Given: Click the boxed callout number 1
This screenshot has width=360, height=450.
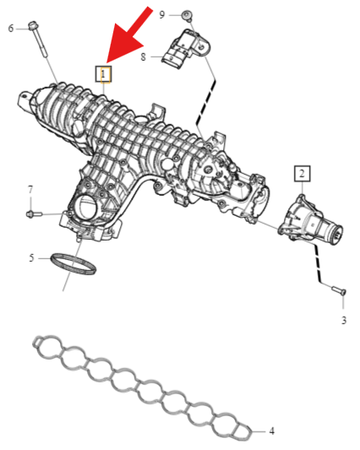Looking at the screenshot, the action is [x=103, y=74].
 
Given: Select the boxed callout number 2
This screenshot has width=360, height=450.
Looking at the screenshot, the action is [x=302, y=173].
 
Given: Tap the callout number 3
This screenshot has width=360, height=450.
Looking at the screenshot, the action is [x=344, y=320].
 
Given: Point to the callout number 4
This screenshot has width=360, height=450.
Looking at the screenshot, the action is [x=272, y=431].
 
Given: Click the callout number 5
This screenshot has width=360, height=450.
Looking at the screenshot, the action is [x=31, y=258].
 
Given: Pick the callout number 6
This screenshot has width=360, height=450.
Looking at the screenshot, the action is [x=11, y=29].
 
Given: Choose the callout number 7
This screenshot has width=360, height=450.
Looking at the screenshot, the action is [x=30, y=190].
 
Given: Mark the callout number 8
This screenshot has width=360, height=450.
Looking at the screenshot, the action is [x=143, y=57].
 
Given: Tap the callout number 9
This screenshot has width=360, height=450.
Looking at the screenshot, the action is [x=162, y=14].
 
